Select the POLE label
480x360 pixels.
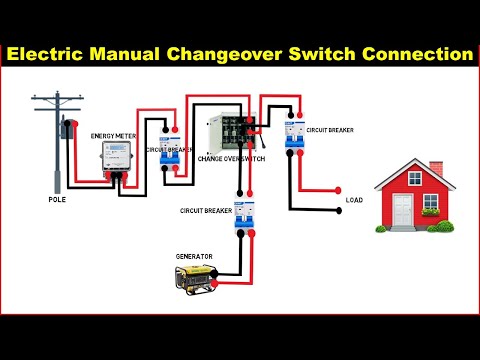point(58,199)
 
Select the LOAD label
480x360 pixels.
point(354,200)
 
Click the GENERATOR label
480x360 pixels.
point(194,257)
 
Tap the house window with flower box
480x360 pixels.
point(431,206)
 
